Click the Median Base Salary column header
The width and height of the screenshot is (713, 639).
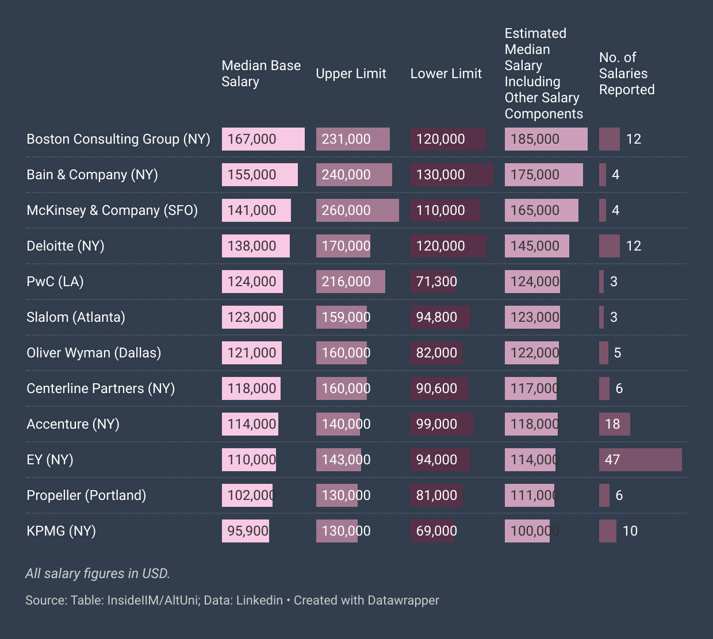[261, 74]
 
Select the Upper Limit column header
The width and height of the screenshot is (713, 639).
[351, 74]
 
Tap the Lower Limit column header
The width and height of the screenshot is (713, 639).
[446, 74]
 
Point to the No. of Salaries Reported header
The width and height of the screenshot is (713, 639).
[627, 74]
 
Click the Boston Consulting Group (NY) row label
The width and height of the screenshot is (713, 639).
[118, 139]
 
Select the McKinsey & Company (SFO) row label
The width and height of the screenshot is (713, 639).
[112, 210]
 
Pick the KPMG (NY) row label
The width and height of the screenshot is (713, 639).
[61, 531]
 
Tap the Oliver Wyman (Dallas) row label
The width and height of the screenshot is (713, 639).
[94, 353]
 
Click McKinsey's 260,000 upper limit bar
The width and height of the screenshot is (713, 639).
[357, 210]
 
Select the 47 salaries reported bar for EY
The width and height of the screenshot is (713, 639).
[640, 460]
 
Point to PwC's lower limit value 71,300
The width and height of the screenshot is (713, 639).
[436, 282]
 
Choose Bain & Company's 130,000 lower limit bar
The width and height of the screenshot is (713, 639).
[451, 175]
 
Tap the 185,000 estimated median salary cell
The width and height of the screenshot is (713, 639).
[546, 139]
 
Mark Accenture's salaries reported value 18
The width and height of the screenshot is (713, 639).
[612, 424]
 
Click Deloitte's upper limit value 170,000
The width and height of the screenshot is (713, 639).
[346, 246]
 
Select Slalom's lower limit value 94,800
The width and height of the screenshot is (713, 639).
[436, 317]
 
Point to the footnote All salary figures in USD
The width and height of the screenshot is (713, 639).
[98, 573]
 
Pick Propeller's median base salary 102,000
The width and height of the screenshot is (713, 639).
[249, 495]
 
